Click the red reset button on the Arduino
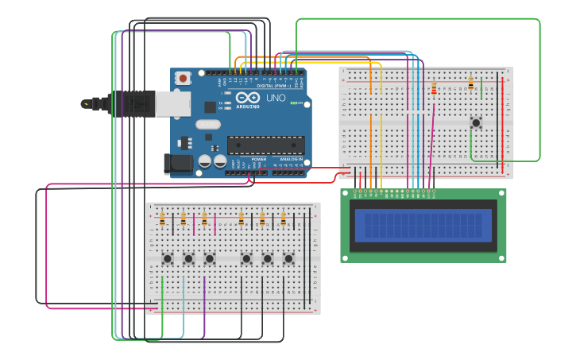[184, 78]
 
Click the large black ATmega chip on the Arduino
[265, 145]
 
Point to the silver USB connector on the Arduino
[172, 103]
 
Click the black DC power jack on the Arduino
[178, 164]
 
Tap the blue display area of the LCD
[423, 226]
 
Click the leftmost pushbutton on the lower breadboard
[168, 258]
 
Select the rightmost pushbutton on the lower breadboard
[288, 258]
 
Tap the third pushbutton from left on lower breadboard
[210, 258]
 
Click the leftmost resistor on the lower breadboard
[162, 219]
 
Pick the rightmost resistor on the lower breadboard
[283, 219]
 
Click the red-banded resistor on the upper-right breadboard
[434, 89]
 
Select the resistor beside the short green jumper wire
[471, 83]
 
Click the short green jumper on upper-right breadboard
[481, 88]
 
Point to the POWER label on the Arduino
[259, 159]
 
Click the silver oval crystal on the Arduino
[207, 124]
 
